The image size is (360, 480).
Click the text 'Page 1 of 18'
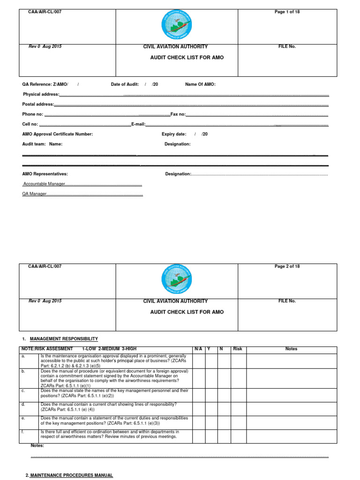(287, 12)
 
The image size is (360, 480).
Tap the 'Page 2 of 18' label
(287, 267)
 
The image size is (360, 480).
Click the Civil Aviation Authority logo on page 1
(177, 25)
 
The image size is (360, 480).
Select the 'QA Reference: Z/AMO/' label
(45, 84)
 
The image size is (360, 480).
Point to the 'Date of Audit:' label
(125, 84)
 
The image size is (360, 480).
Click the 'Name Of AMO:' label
(200, 84)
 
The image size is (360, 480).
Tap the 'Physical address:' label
(41, 94)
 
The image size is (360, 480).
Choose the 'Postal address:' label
(38, 104)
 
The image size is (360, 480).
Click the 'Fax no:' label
(178, 114)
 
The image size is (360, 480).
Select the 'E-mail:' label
(138, 124)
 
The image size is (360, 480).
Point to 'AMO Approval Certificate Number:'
(58, 134)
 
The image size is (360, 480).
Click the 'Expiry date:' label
(174, 134)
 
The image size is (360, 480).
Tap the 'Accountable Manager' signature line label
(45, 184)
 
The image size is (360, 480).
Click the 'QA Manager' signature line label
(35, 194)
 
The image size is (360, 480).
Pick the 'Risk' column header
(237, 349)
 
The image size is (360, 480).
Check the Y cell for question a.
(211, 361)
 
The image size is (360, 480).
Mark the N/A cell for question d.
(199, 408)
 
